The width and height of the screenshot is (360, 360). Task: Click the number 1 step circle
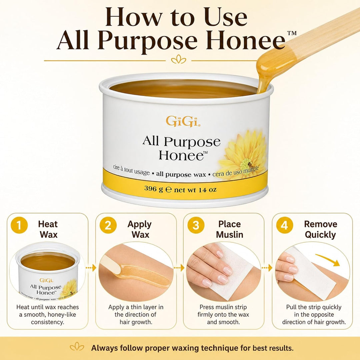coord(19,225)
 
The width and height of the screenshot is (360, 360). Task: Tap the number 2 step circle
coord(108,225)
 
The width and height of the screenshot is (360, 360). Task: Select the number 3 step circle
coord(196,225)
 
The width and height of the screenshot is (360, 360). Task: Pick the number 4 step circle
coord(284,225)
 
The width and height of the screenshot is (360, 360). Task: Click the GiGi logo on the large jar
coord(183,121)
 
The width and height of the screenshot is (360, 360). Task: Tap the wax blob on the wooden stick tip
coord(273,65)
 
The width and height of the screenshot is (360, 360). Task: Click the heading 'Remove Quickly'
coord(321,229)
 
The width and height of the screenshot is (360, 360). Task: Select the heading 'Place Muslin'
coord(230,229)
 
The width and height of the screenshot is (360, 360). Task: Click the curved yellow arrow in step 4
coord(328,259)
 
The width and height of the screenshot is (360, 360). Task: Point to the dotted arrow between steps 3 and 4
coord(267,268)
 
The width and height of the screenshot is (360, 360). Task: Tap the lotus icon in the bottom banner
coord(77,347)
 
